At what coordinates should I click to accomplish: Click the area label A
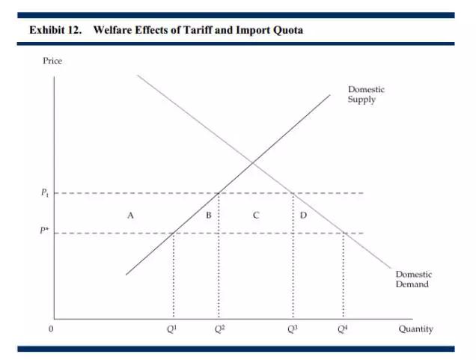pyautogui.click(x=130, y=215)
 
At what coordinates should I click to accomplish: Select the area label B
pyautogui.click(x=209, y=215)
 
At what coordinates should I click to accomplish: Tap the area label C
pyautogui.click(x=256, y=215)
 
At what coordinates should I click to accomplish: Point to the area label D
pyautogui.click(x=303, y=215)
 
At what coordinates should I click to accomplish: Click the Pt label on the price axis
pyautogui.click(x=45, y=193)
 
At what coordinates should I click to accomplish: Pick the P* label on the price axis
pyautogui.click(x=45, y=232)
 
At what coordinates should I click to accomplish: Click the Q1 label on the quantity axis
pyautogui.click(x=173, y=329)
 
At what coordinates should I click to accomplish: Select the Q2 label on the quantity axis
pyautogui.click(x=218, y=329)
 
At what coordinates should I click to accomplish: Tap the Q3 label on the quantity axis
pyautogui.click(x=292, y=329)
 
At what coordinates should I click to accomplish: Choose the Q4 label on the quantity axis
pyautogui.click(x=343, y=329)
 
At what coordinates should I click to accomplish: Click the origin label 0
pyautogui.click(x=51, y=329)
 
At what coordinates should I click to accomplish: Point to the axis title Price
pyautogui.click(x=52, y=61)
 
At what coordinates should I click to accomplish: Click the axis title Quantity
pyautogui.click(x=415, y=329)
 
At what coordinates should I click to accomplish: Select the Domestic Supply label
pyautogui.click(x=366, y=94)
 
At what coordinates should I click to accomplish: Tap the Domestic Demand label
pyautogui.click(x=413, y=279)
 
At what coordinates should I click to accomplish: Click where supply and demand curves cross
pyautogui.click(x=253, y=162)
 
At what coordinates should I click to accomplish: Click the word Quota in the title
pyautogui.click(x=287, y=30)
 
